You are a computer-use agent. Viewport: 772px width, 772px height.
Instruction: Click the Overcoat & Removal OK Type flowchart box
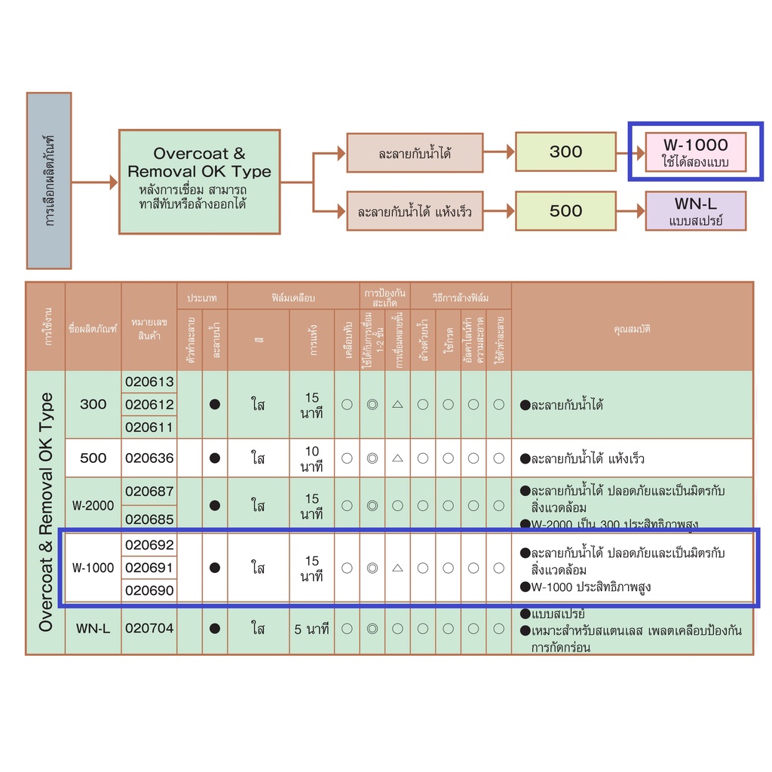tap(199, 182)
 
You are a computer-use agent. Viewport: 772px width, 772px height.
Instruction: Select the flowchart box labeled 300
tap(565, 151)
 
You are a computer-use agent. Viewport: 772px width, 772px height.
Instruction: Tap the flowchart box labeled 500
tap(565, 211)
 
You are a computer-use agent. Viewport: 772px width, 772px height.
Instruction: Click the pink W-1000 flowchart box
tap(695, 151)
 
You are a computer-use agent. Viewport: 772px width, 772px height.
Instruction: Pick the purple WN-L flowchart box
tap(695, 211)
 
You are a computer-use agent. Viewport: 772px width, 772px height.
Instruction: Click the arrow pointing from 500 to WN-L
tap(630, 211)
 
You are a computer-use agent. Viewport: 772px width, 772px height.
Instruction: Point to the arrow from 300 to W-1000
tap(630, 151)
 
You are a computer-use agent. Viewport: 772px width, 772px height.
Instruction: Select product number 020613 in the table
tap(149, 381)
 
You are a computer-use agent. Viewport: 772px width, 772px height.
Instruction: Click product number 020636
tap(149, 458)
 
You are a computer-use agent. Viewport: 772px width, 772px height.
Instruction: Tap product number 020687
tap(149, 492)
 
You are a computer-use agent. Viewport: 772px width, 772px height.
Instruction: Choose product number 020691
tap(149, 568)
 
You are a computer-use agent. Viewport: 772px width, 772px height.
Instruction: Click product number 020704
tap(149, 628)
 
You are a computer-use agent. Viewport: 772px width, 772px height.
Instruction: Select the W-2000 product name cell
tap(93, 505)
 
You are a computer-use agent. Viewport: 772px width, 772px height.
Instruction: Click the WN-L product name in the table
tap(93, 628)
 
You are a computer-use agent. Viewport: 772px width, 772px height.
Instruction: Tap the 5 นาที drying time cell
tap(312, 628)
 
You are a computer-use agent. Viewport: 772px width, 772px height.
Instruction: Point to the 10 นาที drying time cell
tap(312, 458)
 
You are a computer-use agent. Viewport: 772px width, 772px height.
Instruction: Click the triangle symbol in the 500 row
tap(397, 458)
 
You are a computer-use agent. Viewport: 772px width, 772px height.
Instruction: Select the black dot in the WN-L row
tap(215, 628)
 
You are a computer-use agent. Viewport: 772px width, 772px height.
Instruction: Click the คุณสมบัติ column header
tap(632, 329)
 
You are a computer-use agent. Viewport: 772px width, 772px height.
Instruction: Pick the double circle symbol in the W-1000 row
tap(372, 568)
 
